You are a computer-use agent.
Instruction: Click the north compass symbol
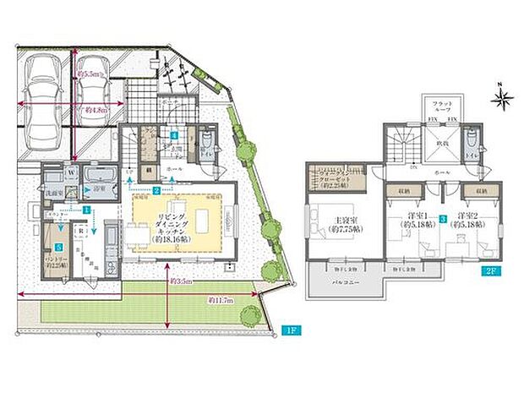(501, 100)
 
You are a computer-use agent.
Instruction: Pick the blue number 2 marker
(156, 191)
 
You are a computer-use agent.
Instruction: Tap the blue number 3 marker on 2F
(442, 219)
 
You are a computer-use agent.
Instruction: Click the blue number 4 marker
(173, 135)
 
